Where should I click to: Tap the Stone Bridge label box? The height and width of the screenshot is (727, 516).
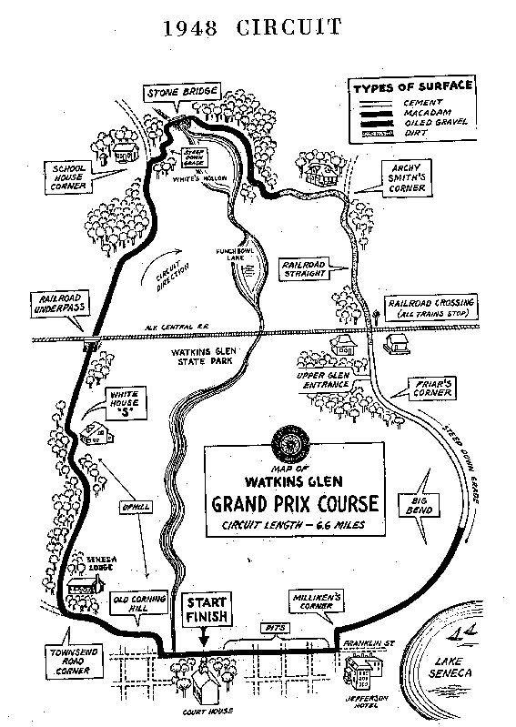point(171,94)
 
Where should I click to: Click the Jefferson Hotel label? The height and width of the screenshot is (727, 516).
point(365,700)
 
